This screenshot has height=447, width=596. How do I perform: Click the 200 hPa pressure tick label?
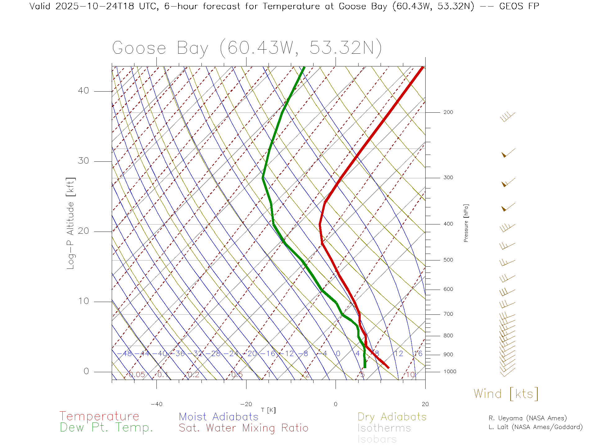[448, 112]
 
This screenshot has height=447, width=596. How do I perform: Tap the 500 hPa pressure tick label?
[448, 260]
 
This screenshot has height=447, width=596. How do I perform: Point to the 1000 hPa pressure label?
[450, 372]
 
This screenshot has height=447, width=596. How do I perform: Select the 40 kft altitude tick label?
[83, 91]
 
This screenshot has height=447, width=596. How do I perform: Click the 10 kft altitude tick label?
[83, 301]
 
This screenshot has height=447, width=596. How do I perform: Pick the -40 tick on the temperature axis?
[156, 404]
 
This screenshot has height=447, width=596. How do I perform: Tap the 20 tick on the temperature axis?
[425, 404]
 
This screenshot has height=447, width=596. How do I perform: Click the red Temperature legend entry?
[99, 416]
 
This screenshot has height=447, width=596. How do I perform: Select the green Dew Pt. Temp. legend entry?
[106, 428]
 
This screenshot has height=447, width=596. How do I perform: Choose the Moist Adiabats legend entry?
[219, 417]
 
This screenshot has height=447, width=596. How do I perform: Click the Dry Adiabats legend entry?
[392, 417]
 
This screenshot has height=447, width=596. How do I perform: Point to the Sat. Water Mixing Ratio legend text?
[243, 428]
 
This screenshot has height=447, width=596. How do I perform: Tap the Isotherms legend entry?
[384, 428]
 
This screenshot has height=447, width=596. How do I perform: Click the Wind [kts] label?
[506, 394]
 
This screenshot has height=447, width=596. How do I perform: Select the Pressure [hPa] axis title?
[466, 223]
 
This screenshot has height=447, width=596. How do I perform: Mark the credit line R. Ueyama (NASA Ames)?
[527, 418]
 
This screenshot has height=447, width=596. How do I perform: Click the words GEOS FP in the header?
[519, 6]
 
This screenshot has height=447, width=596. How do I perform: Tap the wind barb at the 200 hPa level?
[508, 117]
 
